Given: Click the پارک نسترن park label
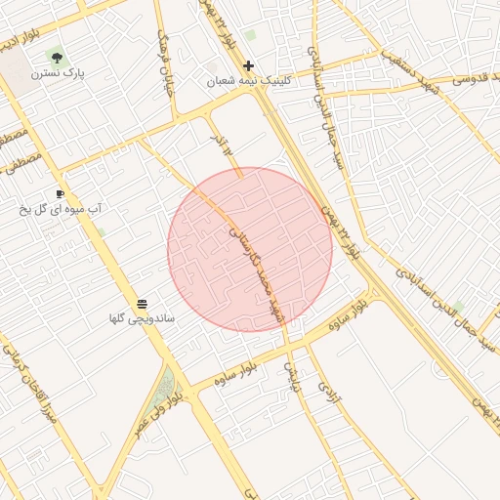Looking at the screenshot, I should coord(57,74).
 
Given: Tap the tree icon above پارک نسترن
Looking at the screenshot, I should coord(57,59).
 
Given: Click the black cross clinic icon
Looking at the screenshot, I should coord(249,66).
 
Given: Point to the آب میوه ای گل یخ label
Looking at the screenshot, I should coord(62,209).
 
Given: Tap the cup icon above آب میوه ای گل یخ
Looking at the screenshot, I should coord(61,194).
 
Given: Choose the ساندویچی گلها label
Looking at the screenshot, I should coord(143,319).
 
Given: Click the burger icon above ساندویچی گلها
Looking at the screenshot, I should coord(143,305).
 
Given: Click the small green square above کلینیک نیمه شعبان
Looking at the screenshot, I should coord(250,36).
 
